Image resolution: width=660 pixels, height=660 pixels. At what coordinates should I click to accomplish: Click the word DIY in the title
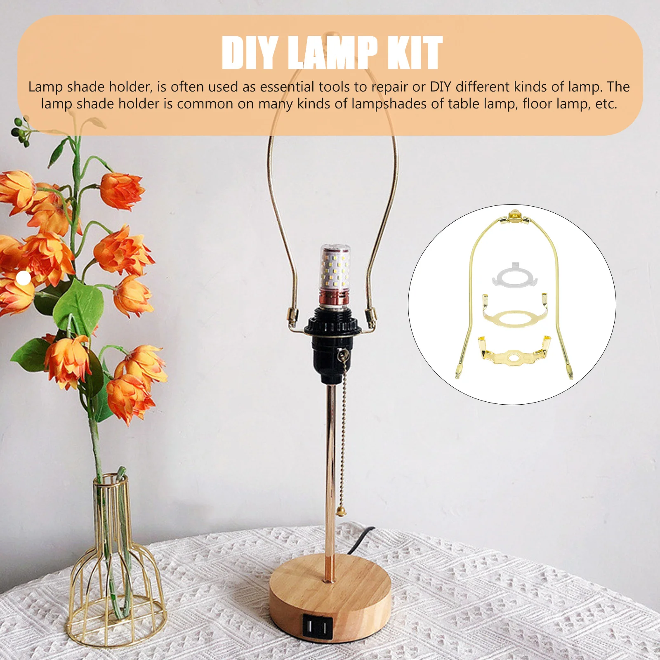tap(249, 53)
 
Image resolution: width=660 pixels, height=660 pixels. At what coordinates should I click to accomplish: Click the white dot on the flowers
tap(24, 278)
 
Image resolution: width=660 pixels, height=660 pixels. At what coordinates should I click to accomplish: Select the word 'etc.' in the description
tap(606, 104)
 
